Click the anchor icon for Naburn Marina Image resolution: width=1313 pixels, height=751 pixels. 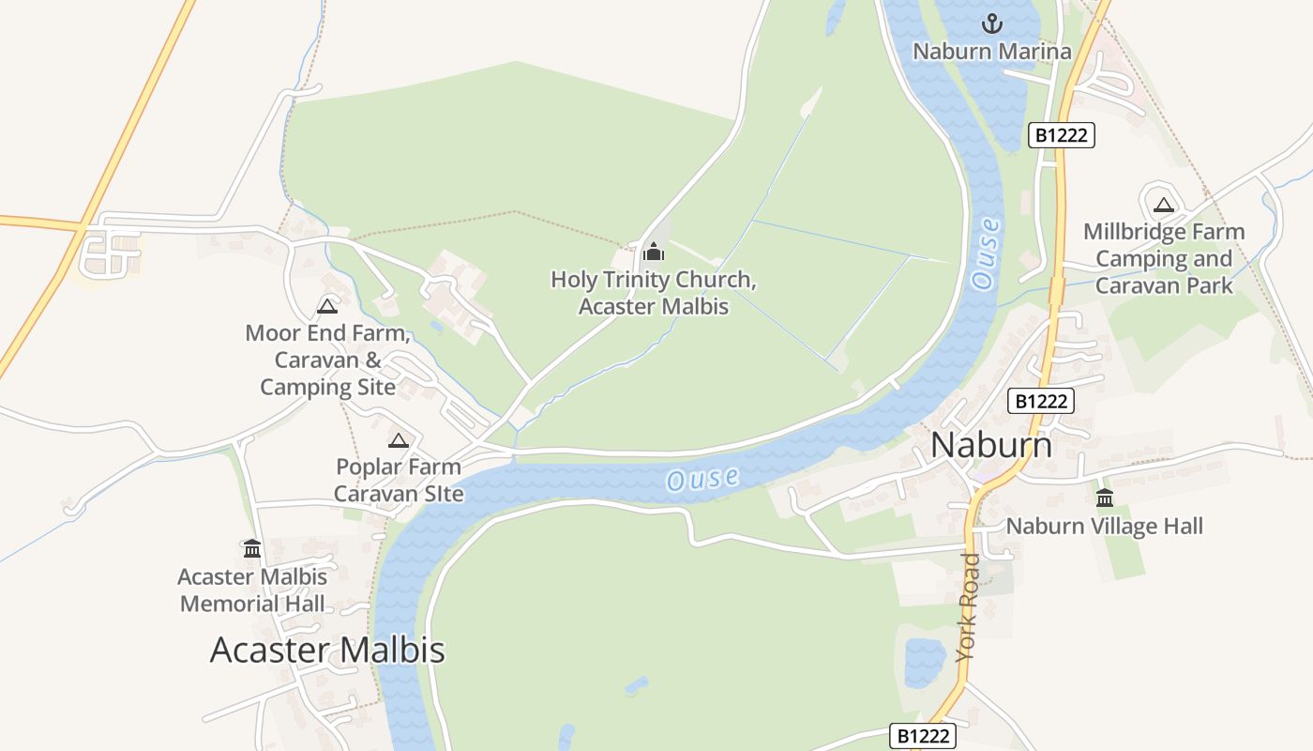991,23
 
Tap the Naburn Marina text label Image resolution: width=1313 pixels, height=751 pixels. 991,52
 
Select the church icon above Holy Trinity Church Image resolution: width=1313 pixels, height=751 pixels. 654,252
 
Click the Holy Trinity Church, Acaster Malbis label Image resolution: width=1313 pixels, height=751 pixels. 654,293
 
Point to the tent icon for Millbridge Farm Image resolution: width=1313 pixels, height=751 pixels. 1164,205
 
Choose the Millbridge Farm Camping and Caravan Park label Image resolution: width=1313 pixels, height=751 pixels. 1164,258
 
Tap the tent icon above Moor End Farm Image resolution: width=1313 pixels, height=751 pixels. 327,306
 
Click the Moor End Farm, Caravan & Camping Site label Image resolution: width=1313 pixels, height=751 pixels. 327,360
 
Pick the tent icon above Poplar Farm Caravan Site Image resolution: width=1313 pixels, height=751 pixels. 399,440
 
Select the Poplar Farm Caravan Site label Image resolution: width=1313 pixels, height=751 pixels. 399,480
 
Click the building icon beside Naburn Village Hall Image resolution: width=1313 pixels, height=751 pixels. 1105,498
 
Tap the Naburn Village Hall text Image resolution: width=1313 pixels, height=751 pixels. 1104,526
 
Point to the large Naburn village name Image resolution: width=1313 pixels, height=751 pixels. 991,445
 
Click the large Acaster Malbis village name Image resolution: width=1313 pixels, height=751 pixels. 327,650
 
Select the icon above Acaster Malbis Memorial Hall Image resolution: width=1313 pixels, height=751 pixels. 252,548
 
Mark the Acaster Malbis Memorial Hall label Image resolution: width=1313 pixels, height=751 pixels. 252,590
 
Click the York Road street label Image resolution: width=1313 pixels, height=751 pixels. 968,606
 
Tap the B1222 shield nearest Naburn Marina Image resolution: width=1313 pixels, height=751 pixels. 1062,135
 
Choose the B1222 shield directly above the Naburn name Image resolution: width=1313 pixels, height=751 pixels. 1041,401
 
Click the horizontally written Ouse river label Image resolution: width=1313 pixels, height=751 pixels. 702,479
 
